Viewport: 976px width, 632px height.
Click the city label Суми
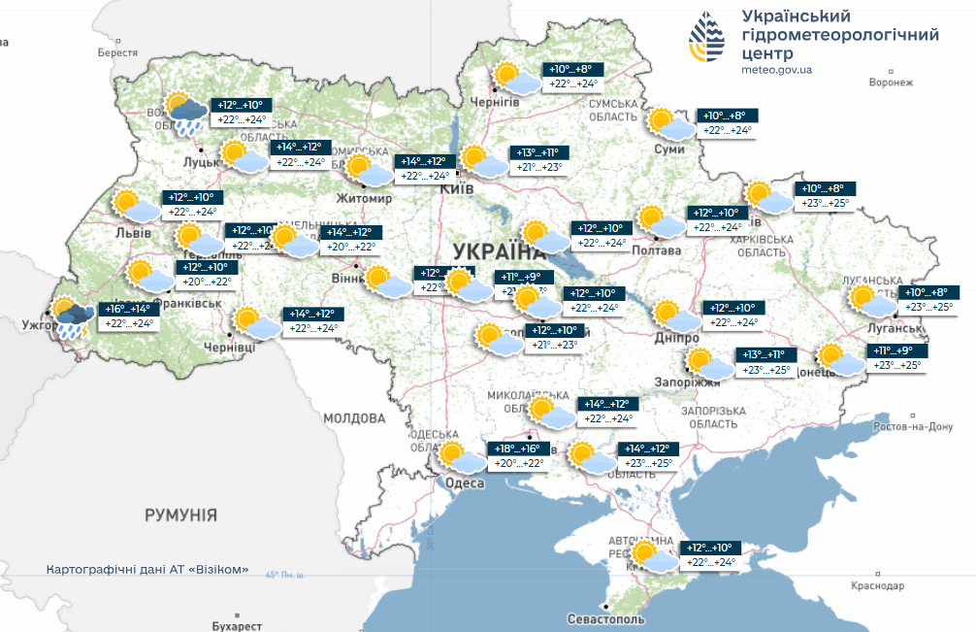669,149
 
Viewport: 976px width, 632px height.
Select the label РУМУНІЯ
180,515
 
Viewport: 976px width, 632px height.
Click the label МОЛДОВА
354,418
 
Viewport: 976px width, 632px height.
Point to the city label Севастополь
604,618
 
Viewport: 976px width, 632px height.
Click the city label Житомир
364,198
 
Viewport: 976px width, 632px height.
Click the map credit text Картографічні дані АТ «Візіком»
147,569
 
